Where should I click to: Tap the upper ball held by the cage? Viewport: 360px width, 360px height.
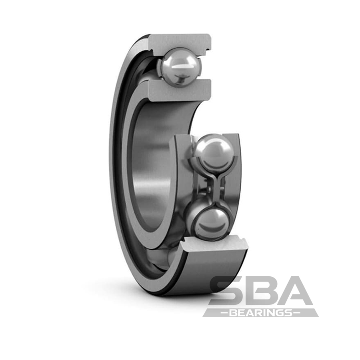213,152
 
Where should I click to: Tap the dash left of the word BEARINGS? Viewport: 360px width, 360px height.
221,313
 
